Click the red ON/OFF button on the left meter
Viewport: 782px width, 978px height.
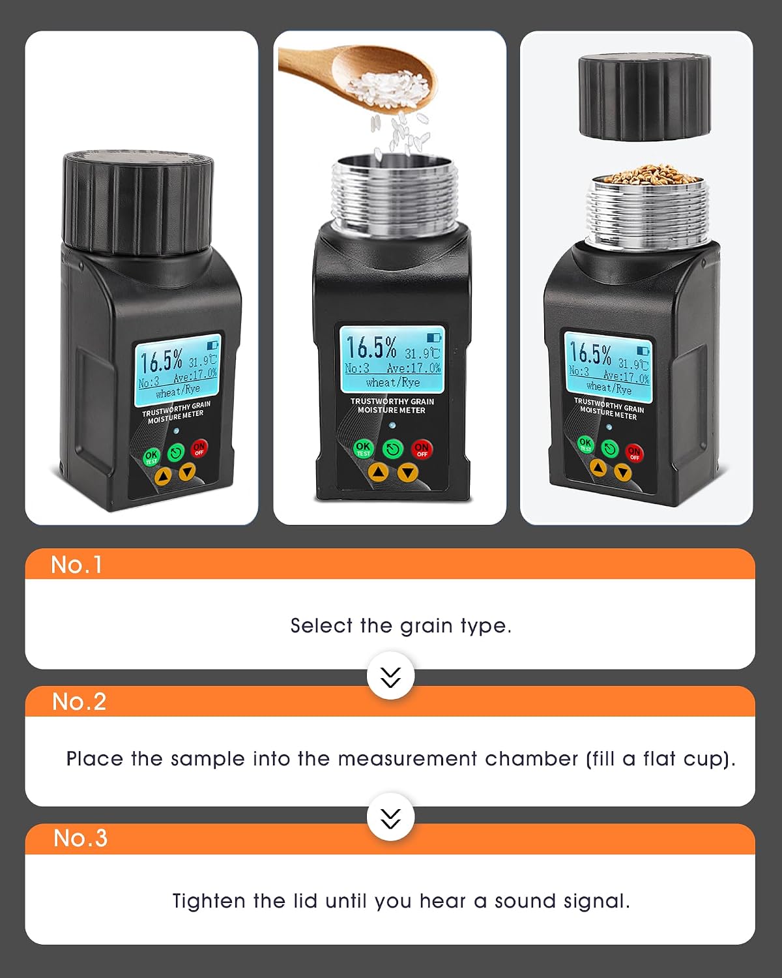pyautogui.click(x=199, y=448)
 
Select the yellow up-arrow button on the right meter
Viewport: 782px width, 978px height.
pyautogui.click(x=598, y=467)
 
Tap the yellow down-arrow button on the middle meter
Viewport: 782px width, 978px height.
pyautogui.click(x=407, y=473)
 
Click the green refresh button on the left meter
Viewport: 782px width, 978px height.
pyautogui.click(x=176, y=452)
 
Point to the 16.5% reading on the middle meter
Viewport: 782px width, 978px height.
pyautogui.click(x=371, y=348)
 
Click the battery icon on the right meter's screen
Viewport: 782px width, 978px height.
pyautogui.click(x=643, y=351)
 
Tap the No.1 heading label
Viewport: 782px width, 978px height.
pyautogui.click(x=76, y=565)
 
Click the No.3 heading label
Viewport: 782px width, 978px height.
pyautogui.click(x=80, y=838)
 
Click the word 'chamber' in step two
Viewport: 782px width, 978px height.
pyautogui.click(x=531, y=759)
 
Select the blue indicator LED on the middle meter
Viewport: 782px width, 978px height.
pyautogui.click(x=392, y=425)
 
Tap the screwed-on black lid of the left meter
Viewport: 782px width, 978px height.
pyautogui.click(x=138, y=202)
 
